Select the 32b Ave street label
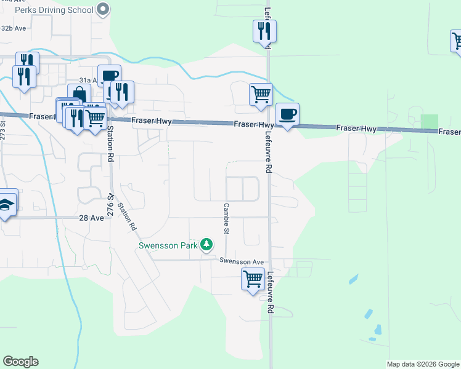tap(14, 28)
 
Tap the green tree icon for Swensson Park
tap(208, 245)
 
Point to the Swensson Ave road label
tap(242, 261)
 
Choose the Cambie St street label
tap(226, 219)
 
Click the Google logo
tap(21, 361)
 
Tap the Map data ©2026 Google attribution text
tap(423, 364)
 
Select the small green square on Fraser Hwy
tap(430, 122)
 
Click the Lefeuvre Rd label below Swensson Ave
tap(269, 294)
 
